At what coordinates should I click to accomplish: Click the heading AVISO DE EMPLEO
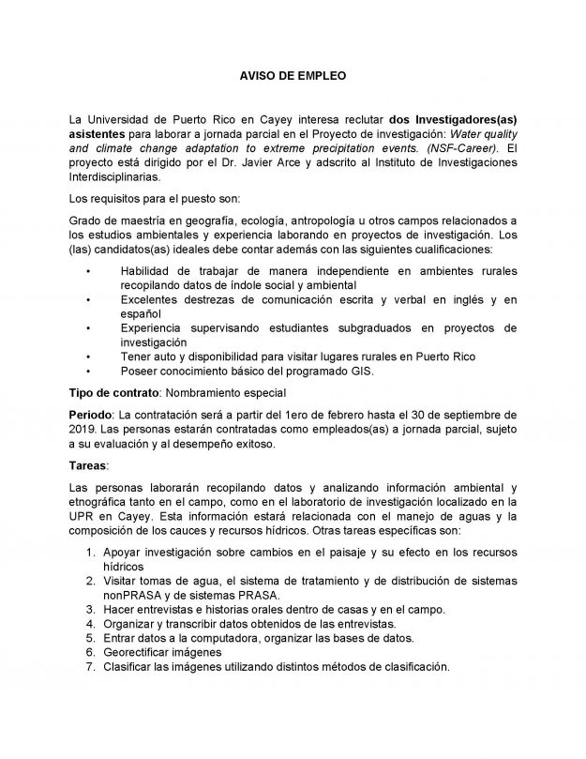[292, 73]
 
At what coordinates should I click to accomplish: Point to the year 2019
[83, 430]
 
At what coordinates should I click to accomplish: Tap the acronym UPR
[84, 516]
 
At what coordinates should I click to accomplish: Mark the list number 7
[90, 667]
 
